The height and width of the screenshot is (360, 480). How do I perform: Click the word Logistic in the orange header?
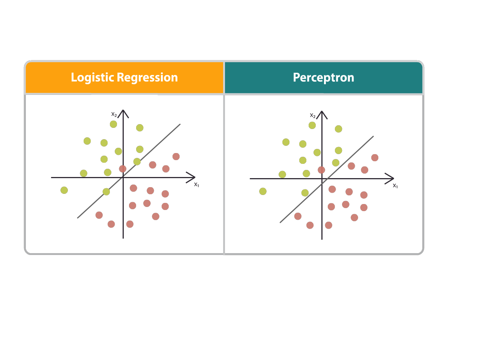click(x=92, y=78)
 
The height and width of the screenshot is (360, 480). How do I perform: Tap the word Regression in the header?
click(x=147, y=78)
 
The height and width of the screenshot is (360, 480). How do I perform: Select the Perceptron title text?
click(x=323, y=78)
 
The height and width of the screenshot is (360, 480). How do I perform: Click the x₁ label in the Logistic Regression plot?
click(x=196, y=184)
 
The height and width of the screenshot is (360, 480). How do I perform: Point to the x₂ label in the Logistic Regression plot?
click(x=114, y=114)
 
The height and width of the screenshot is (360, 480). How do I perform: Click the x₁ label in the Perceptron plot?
click(x=395, y=186)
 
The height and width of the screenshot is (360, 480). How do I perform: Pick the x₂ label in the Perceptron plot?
click(x=313, y=115)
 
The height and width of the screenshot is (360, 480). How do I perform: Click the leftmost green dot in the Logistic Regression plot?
click(x=64, y=190)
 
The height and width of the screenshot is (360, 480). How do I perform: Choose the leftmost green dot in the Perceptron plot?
click(x=263, y=191)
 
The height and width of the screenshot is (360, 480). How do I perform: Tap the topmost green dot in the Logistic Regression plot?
click(x=113, y=124)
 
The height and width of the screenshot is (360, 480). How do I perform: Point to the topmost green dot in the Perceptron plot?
click(x=312, y=125)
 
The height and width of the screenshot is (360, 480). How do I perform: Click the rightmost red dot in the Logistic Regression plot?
click(x=176, y=156)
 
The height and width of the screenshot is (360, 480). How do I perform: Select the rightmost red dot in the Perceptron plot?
click(x=375, y=157)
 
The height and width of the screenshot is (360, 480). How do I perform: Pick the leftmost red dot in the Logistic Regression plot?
click(x=99, y=215)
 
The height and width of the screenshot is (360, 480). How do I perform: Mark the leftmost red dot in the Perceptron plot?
click(x=298, y=216)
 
